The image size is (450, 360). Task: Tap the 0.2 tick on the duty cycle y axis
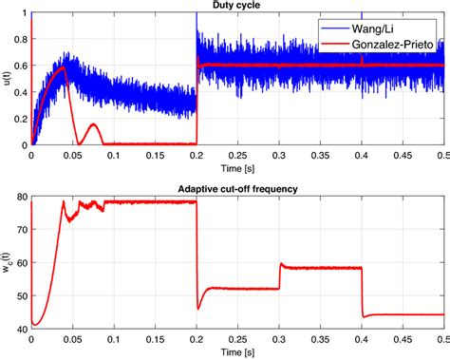[20, 119]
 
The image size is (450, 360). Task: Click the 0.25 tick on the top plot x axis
[237, 154]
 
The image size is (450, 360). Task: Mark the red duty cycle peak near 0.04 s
[63, 67]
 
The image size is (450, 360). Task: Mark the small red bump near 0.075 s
[93, 124]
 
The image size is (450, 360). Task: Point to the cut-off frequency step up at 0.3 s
[279, 275]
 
